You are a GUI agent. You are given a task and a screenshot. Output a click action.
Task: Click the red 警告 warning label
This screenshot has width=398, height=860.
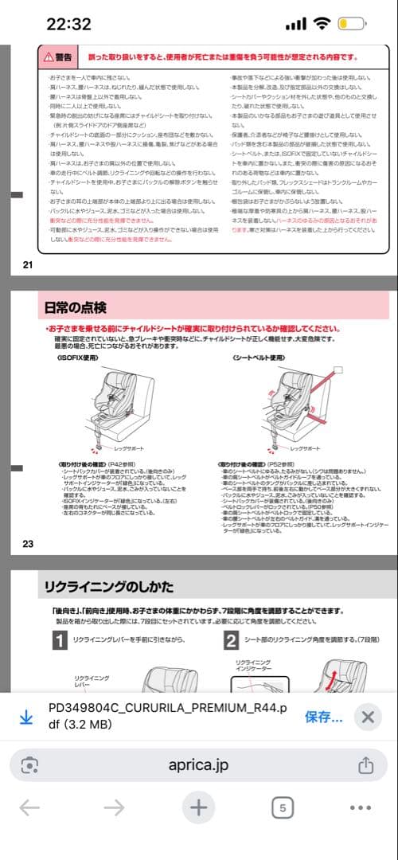click(58, 57)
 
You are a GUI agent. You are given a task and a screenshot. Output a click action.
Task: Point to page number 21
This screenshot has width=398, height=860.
click(28, 264)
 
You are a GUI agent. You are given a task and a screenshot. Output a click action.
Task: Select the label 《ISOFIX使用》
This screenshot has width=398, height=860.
click(78, 336)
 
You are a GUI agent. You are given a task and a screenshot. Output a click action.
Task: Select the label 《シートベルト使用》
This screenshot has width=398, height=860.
click(259, 336)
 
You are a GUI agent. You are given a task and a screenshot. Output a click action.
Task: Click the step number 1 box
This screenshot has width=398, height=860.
click(58, 640)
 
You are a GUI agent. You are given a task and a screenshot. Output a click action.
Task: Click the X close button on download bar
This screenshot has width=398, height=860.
click(367, 716)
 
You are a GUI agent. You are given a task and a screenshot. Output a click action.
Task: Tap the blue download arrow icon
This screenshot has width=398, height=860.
click(25, 717)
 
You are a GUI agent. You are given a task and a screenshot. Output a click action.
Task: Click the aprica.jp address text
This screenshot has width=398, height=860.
click(198, 764)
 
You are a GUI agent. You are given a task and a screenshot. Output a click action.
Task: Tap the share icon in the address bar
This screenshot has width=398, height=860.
click(365, 764)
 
